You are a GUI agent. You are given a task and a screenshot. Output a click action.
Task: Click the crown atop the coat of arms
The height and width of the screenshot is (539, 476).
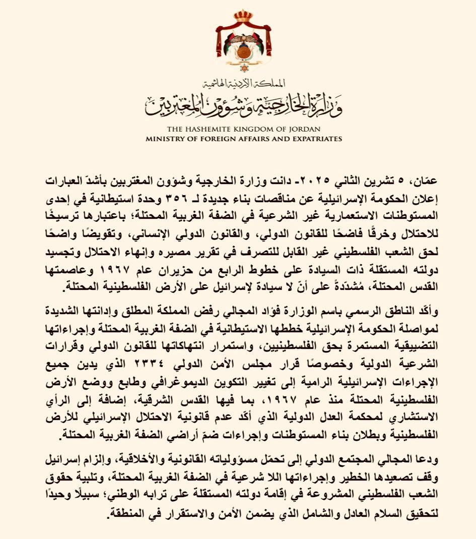click(242, 15)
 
